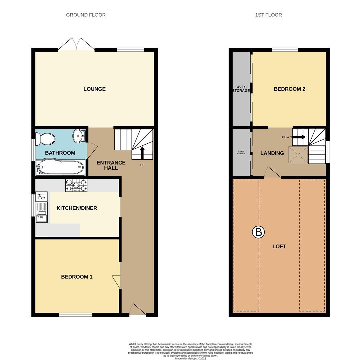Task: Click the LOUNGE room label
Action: pos(94,89)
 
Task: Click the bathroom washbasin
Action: pos(79,136)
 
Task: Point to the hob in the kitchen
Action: pos(76,185)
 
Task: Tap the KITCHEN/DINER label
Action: pos(77,208)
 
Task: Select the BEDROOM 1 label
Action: pos(77,277)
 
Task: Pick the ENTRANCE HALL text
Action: pos(111,165)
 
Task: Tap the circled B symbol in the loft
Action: pos(258,232)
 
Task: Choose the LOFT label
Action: pos(279,246)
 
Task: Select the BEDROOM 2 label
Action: pos(289,89)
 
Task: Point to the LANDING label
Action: pos(272,153)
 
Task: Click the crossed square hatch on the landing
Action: pos(298,155)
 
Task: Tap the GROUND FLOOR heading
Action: pos(86,15)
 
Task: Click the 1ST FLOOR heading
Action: pos(268,15)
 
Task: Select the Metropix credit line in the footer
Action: pos(190,359)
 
